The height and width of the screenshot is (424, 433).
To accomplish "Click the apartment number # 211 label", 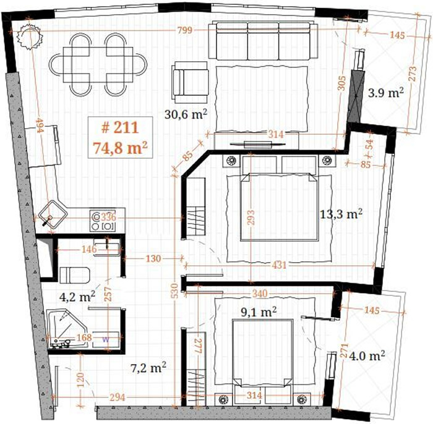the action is pyautogui.click(x=120, y=128).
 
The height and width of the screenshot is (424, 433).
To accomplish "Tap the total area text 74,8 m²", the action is pyautogui.click(x=120, y=147).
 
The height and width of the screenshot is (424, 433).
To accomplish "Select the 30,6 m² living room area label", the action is pyautogui.click(x=186, y=114).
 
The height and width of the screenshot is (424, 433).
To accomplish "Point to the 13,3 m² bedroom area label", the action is pyautogui.click(x=341, y=214).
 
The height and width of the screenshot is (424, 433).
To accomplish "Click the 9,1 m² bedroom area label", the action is pyautogui.click(x=259, y=312).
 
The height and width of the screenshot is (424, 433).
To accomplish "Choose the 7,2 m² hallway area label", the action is pyautogui.click(x=148, y=368).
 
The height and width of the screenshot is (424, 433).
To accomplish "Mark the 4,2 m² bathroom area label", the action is pyautogui.click(x=77, y=297).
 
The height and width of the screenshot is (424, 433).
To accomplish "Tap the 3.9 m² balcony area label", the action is pyautogui.click(x=386, y=93).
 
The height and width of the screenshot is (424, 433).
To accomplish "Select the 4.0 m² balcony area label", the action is pyautogui.click(x=367, y=356).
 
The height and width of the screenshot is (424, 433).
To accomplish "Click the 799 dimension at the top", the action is pyautogui.click(x=185, y=30).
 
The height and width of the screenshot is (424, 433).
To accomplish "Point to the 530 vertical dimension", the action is pyautogui.click(x=174, y=290).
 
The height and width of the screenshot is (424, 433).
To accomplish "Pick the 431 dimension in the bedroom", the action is pyautogui.click(x=279, y=265).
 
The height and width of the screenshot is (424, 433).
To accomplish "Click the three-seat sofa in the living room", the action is pyautogui.click(x=263, y=41).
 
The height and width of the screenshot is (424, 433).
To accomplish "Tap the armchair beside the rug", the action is pyautogui.click(x=190, y=82).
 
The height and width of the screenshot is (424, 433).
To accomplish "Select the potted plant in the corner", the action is pyautogui.click(x=29, y=36).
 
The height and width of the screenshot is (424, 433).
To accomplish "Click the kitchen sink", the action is pyautogui.click(x=53, y=214).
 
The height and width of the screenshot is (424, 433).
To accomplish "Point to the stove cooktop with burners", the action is pyautogui.click(x=103, y=221).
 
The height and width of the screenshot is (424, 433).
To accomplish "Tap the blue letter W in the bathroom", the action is pyautogui.click(x=106, y=339).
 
